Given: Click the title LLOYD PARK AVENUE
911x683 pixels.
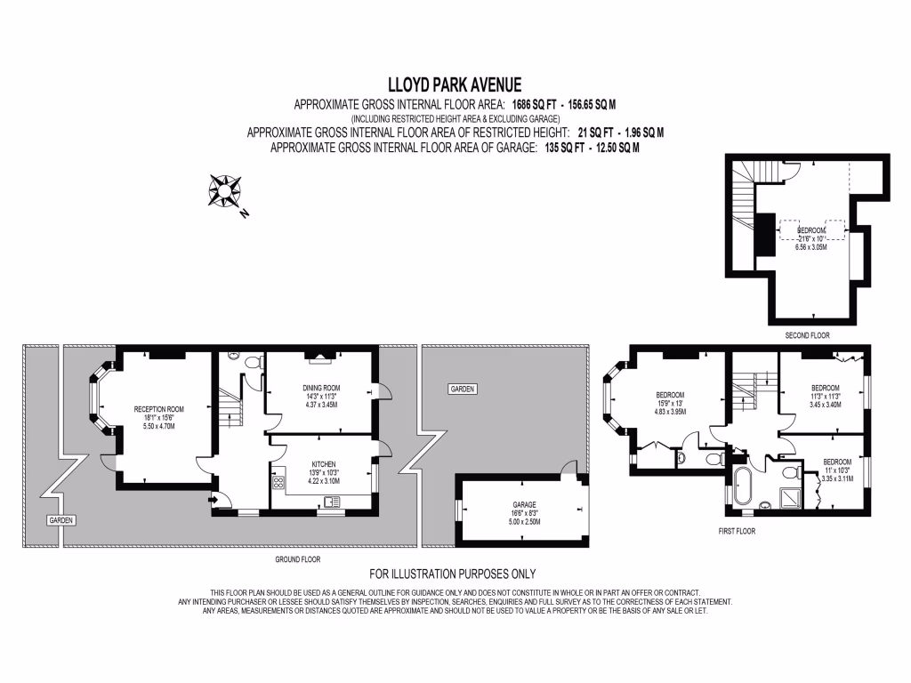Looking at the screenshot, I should click(x=455, y=84).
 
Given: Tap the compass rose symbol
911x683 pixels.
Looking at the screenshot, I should click(x=225, y=190).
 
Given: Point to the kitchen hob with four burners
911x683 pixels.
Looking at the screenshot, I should click(x=278, y=484).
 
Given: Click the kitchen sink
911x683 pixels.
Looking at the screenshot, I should click(x=332, y=504).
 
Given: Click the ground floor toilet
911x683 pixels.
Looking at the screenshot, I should click(x=252, y=362).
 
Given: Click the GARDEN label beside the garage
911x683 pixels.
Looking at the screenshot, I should click(x=462, y=389).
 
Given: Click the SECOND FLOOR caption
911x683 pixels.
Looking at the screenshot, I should click(x=806, y=335).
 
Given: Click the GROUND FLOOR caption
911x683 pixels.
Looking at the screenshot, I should click(x=296, y=559).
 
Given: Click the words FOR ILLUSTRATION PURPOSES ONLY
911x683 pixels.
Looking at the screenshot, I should click(x=453, y=574).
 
